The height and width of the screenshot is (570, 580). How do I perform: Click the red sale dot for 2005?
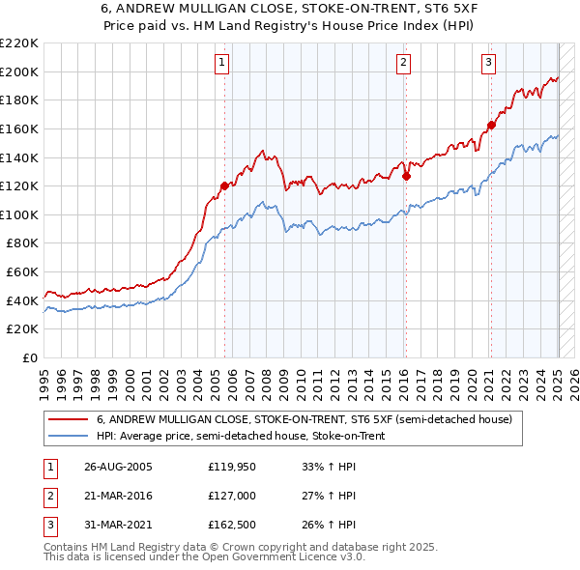(225, 185)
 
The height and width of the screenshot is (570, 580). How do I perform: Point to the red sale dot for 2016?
(406, 176)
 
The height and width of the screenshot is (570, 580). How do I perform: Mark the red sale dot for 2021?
(492, 125)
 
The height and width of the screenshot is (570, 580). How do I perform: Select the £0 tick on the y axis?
(31, 358)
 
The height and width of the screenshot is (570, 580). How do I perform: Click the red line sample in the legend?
(70, 420)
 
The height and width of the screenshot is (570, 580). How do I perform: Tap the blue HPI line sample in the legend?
(70, 437)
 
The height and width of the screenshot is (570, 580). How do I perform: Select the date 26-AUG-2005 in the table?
(118, 467)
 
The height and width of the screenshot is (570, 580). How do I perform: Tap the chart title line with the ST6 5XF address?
(289, 10)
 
